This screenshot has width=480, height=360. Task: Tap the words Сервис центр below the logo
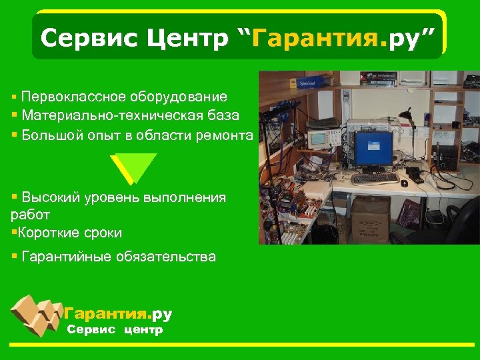click(x=115, y=330)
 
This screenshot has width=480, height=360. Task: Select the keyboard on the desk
click(x=374, y=179)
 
